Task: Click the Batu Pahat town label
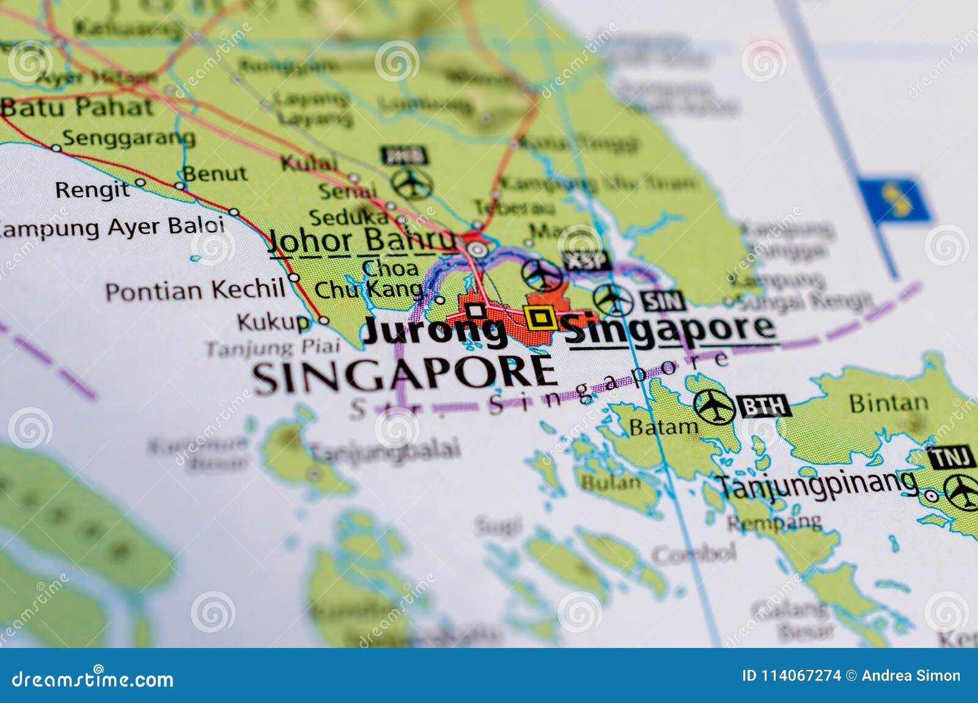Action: [76, 108]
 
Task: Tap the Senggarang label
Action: [128, 138]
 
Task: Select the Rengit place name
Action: [92, 190]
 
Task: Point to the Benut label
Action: [215, 174]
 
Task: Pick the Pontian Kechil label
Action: [195, 290]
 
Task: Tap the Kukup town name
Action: [273, 322]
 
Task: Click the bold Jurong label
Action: [435, 332]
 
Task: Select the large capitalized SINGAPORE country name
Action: [404, 374]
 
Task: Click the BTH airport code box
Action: [764, 406]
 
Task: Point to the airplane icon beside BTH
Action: [714, 406]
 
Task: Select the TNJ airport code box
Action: [950, 457]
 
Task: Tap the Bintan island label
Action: [889, 403]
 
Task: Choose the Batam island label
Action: [663, 427]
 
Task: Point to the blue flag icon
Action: [894, 200]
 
